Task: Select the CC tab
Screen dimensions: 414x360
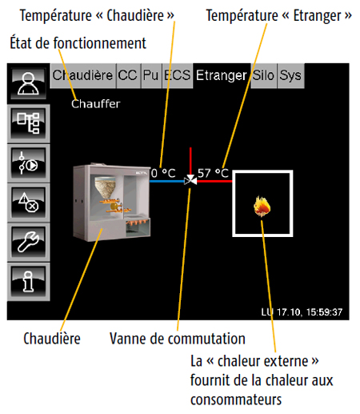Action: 128,76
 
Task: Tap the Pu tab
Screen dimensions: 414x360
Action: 150,76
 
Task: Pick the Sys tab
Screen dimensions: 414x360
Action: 290,76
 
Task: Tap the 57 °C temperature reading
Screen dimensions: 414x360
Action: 213,172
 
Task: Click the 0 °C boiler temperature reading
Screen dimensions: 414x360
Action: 163,172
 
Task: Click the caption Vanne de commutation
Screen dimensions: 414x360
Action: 177,339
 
